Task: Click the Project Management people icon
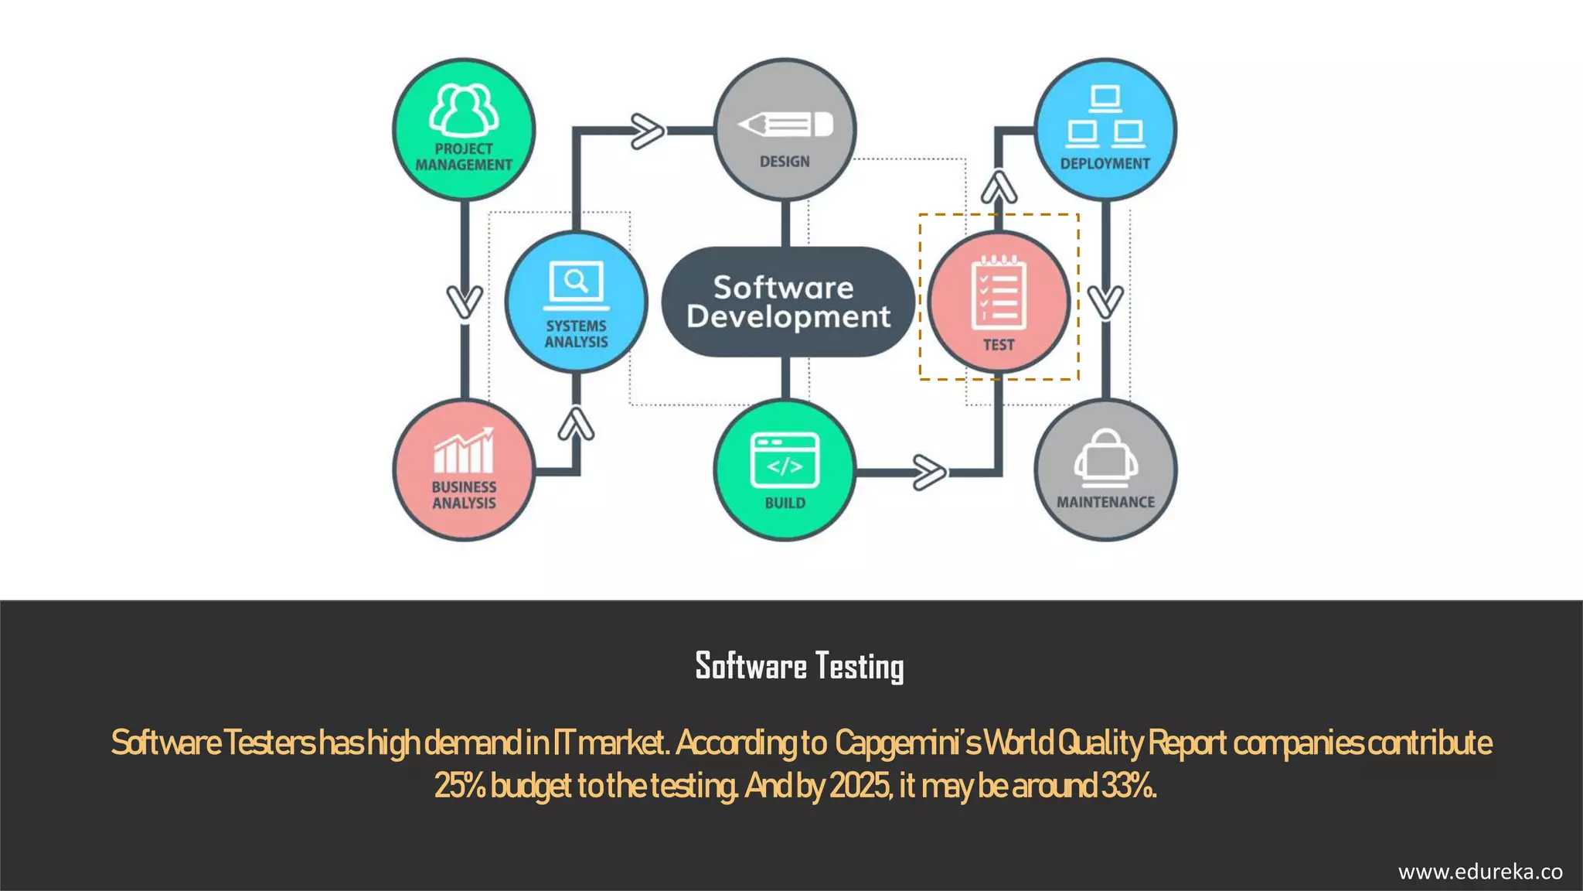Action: (464, 110)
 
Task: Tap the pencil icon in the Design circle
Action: (785, 125)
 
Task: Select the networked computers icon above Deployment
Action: (1105, 118)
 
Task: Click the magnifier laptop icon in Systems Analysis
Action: (576, 285)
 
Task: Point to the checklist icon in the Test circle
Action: (999, 294)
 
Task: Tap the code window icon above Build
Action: (785, 460)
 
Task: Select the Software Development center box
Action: (788, 302)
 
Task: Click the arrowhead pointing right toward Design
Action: (647, 131)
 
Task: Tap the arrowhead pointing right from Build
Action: (928, 472)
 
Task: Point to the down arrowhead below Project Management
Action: (465, 301)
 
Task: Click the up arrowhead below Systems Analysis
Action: (577, 425)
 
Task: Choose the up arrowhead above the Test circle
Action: (999, 187)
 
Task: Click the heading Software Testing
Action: (799, 666)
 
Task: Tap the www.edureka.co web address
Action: (1480, 872)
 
